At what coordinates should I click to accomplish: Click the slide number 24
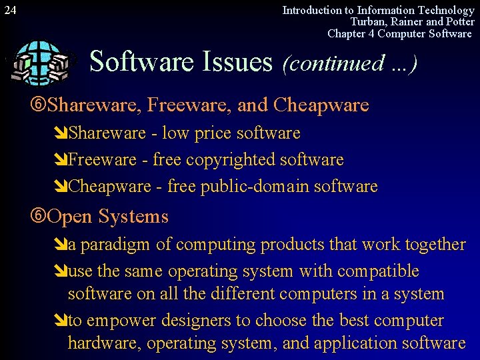[10, 10]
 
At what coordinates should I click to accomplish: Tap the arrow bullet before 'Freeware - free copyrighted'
[61, 160]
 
